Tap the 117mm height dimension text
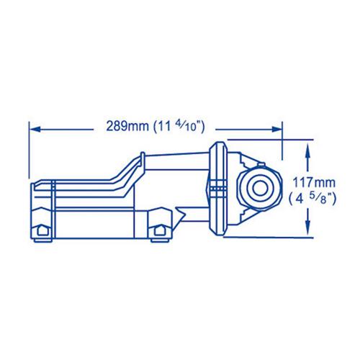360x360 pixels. (x=315, y=184)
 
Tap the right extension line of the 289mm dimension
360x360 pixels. (x=282, y=140)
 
